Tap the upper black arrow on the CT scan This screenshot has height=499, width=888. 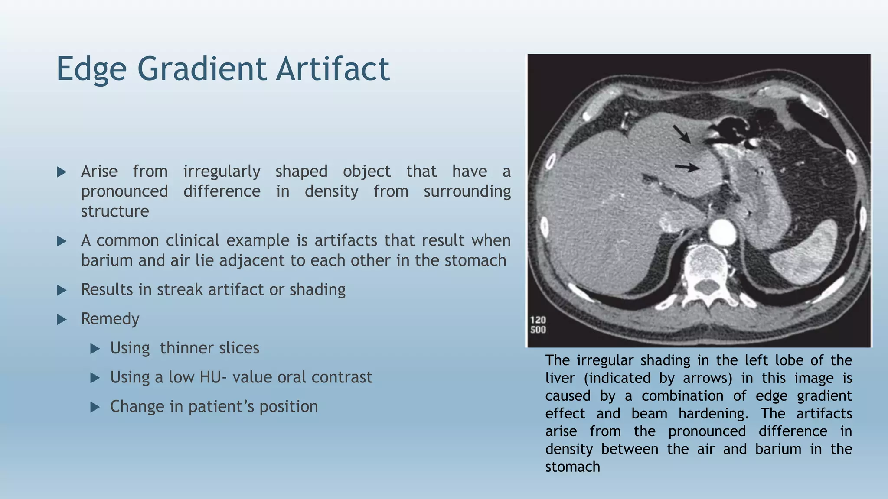pos(682,133)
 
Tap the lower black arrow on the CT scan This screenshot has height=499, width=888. pos(687,167)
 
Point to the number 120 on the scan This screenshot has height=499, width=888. pos(538,320)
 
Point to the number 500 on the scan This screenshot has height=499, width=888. pos(538,330)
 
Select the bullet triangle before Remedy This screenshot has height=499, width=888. pos(62,320)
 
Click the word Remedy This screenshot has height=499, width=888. pos(110,319)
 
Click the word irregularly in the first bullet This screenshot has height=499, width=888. pos(222,172)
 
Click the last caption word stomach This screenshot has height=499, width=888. pos(572,467)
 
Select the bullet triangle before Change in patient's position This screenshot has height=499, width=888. pos(95,407)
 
